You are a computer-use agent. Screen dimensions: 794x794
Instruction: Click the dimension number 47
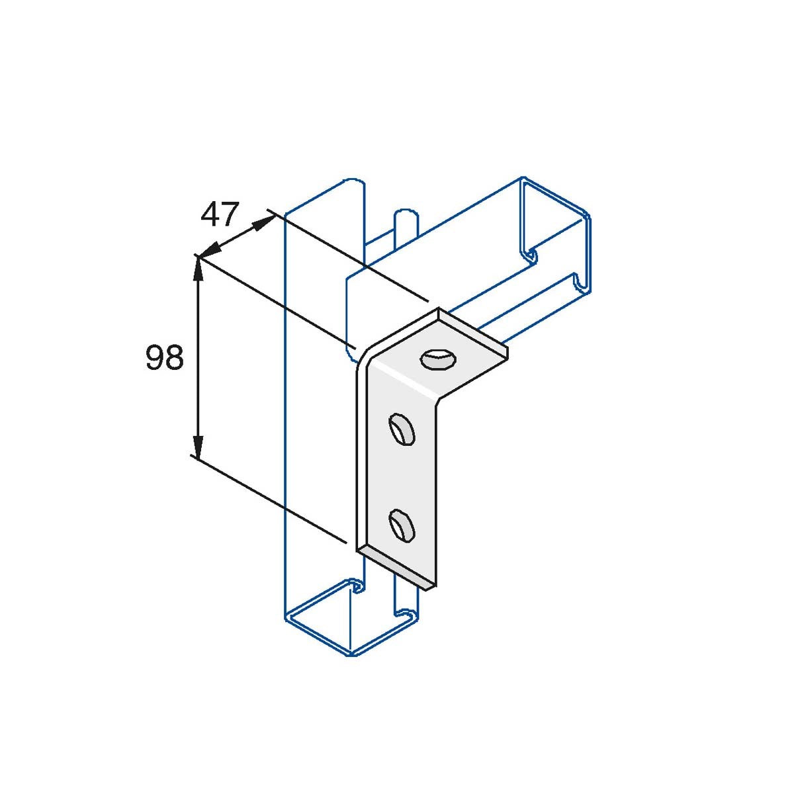(x=219, y=214)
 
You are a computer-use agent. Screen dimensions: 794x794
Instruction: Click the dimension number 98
(x=164, y=359)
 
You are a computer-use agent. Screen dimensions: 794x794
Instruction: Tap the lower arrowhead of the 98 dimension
(x=197, y=446)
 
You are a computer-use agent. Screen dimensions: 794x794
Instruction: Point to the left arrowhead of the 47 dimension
(x=206, y=251)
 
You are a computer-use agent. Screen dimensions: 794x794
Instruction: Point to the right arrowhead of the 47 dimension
(x=265, y=221)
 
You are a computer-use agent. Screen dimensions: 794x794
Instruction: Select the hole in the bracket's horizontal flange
(x=437, y=360)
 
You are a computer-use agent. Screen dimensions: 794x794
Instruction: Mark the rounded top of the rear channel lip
(x=404, y=215)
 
